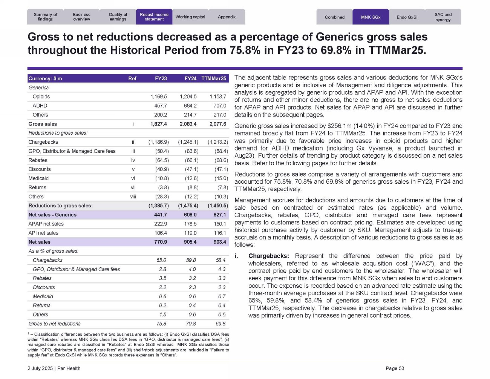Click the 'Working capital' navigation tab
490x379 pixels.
coord(190,17)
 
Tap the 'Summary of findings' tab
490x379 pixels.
coord(45,17)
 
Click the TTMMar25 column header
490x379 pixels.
coord(214,78)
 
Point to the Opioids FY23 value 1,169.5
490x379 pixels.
coord(158,97)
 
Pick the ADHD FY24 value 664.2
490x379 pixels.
coord(188,106)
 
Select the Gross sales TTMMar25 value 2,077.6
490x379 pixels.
coord(218,124)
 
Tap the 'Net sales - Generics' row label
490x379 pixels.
coord(52,215)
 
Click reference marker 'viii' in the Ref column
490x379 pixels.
coord(133,196)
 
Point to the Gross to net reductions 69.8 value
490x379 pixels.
coord(220,324)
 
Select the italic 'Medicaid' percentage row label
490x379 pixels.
coord(43,297)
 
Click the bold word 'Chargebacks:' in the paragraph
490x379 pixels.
coord(269,256)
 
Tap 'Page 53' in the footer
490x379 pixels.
coord(395,368)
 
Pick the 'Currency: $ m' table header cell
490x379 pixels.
coord(45,78)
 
